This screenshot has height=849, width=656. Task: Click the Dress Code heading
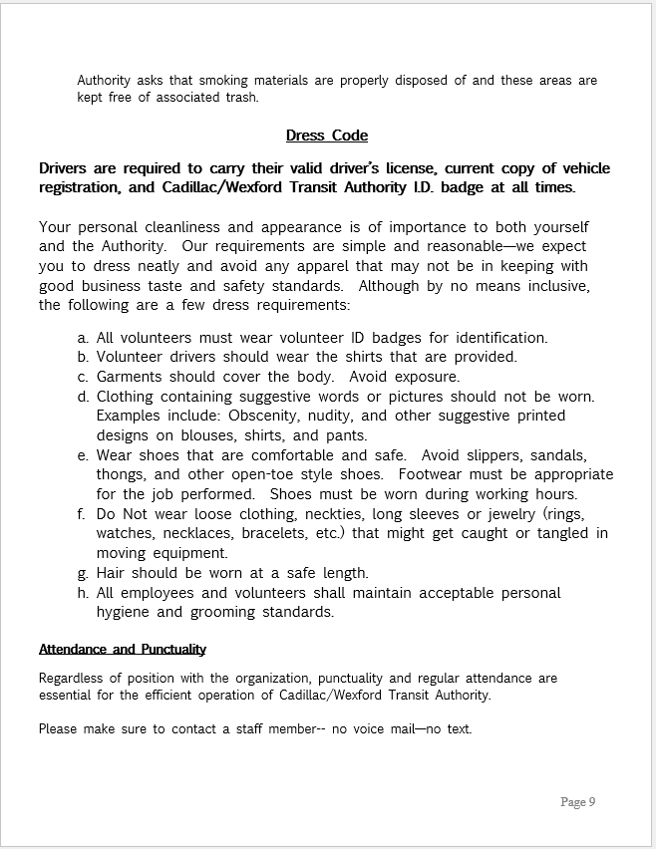click(x=326, y=136)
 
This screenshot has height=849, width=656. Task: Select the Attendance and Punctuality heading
click(x=123, y=649)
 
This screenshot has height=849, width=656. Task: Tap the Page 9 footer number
click(x=577, y=801)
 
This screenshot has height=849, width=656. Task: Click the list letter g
click(x=82, y=573)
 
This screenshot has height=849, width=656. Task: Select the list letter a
click(x=82, y=338)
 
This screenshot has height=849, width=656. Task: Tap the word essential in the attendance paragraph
click(x=66, y=696)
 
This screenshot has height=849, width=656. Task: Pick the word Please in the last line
click(x=59, y=728)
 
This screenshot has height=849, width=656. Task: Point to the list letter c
click(x=82, y=377)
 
